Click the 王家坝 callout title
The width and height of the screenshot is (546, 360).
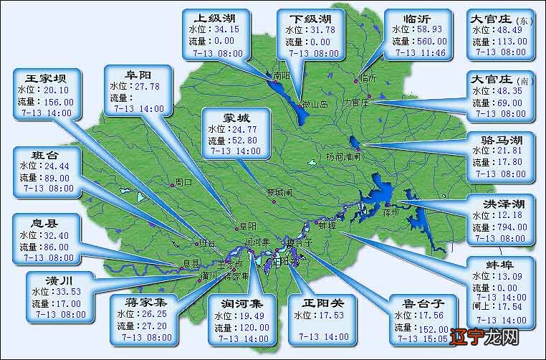tap(47, 78)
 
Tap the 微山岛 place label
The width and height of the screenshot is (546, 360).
tap(314, 104)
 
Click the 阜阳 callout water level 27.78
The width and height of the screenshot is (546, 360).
tap(144, 86)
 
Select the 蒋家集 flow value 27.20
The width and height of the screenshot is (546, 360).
tap(155, 324)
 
